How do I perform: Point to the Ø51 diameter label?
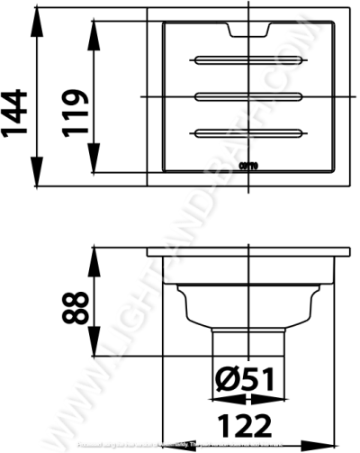tap(245, 381)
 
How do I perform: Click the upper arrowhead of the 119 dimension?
tap(95, 30)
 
